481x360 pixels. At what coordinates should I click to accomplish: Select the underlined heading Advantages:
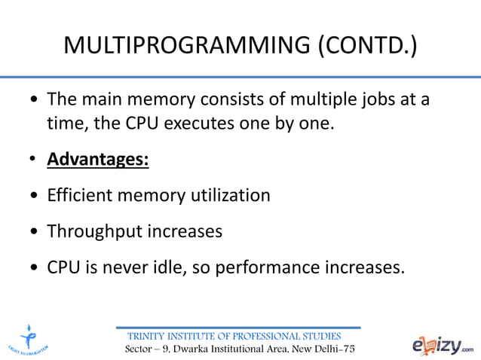pos(98,161)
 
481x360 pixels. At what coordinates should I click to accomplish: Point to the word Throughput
pos(94,231)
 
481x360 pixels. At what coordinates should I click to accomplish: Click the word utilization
pos(232,196)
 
